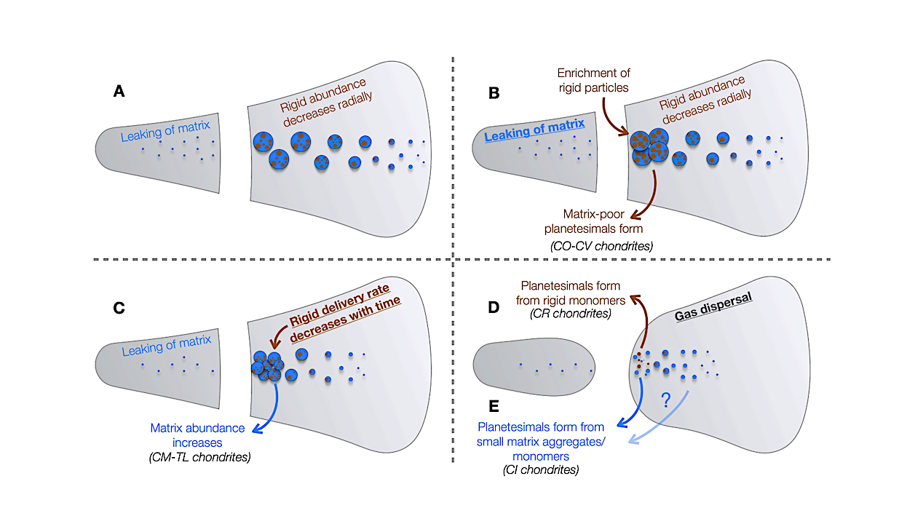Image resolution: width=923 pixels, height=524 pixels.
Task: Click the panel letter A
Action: [120, 92]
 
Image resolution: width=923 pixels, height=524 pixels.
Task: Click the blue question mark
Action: [664, 399]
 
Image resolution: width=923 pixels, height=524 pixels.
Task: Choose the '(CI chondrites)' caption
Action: [541, 470]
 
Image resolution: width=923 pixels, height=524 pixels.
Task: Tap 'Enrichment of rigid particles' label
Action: [593, 80]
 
